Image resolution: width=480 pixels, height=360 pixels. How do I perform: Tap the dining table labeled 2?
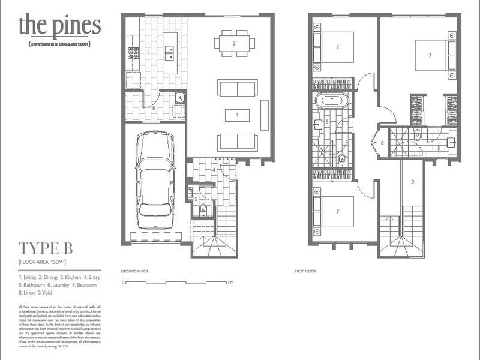point(235,43)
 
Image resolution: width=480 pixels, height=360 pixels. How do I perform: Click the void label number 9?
point(413,181)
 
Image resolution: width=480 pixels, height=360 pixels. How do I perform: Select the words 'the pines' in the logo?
point(59,26)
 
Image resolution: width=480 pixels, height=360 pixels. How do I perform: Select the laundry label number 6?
point(154,108)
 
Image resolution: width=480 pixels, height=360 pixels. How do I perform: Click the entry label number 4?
point(214,170)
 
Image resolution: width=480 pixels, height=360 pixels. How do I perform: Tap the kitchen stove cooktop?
point(133,52)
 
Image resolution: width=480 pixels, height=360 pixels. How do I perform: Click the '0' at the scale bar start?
point(122,282)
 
